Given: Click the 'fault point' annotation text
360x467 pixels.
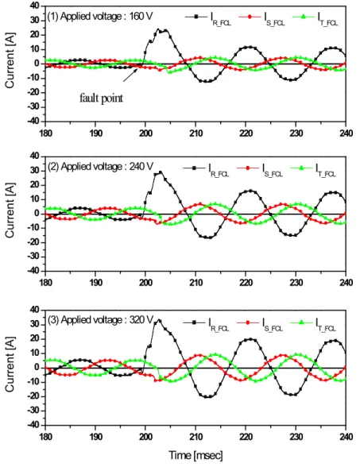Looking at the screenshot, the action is click(101, 98).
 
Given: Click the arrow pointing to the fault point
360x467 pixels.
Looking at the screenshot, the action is click(130, 75).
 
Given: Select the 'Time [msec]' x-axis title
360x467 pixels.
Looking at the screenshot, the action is click(195, 455).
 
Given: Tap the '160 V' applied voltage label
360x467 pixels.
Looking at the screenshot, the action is click(141, 16).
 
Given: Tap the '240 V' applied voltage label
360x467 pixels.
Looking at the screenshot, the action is click(141, 166).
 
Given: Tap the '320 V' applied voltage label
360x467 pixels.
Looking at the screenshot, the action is click(141, 319).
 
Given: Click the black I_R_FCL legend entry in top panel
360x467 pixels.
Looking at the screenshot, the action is click(208, 18).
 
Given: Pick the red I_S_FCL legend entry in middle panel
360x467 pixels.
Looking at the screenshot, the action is click(260, 170).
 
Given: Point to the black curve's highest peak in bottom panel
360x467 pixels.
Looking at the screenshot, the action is click(159, 321).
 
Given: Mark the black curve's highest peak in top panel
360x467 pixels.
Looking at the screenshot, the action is click(158, 29).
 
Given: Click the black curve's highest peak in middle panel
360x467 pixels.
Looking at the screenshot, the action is click(161, 172).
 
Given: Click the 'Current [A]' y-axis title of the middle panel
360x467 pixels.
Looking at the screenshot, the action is click(10, 214).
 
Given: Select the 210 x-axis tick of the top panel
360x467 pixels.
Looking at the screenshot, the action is click(195, 132).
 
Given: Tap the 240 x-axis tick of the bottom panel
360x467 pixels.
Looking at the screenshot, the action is click(346, 437).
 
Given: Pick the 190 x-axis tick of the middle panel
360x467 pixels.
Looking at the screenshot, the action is click(95, 283).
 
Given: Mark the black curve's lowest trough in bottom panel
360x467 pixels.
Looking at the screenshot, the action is click(207, 397).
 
